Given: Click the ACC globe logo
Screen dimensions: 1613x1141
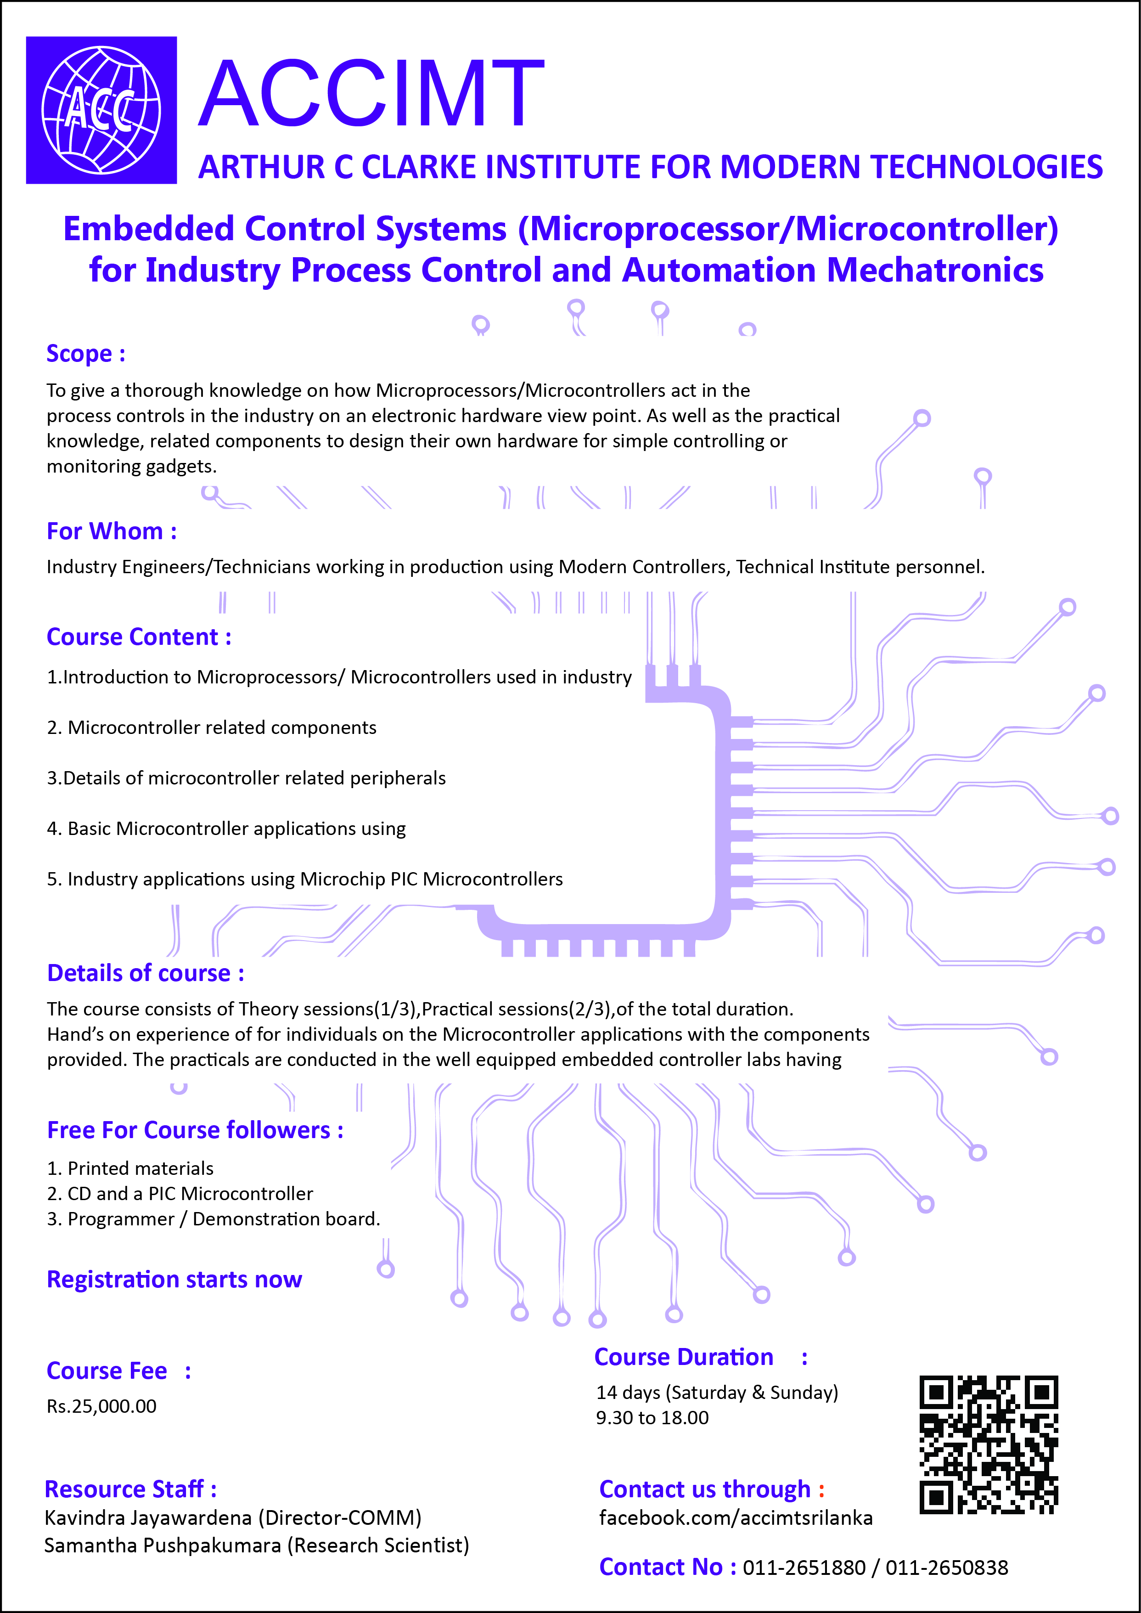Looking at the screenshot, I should click(101, 110).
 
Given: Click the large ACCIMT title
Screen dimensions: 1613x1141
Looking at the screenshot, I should click(371, 95).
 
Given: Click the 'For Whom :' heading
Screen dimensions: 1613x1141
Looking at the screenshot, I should click(111, 531).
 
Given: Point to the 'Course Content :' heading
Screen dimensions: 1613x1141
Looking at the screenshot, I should click(138, 637).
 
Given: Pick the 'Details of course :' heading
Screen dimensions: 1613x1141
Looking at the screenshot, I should click(146, 973).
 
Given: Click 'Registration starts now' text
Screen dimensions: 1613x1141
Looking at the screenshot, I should click(174, 1279).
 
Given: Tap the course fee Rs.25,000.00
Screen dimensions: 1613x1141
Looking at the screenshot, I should click(102, 1406).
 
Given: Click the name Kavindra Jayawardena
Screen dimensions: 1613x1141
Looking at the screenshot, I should click(147, 1517).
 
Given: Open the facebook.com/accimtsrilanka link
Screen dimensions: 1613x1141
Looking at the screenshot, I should click(736, 1518).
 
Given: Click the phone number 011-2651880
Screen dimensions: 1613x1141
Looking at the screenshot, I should click(804, 1568).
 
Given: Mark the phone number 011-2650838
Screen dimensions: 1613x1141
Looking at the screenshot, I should click(946, 1568).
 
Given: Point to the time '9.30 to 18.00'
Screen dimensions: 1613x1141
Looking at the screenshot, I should click(652, 1418).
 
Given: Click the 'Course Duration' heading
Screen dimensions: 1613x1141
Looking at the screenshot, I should click(684, 1357).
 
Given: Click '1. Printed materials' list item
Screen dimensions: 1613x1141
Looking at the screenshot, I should click(130, 1168).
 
